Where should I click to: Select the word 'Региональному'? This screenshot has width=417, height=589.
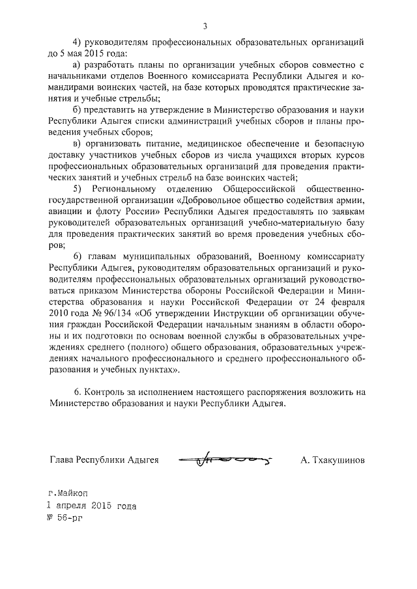click(x=125, y=188)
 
